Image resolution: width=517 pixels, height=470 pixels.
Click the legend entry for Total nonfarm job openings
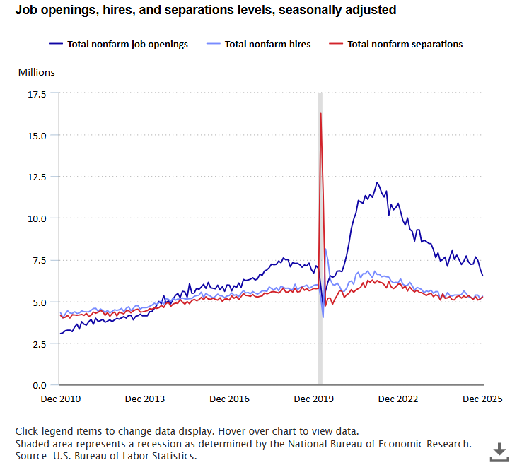click(127, 44)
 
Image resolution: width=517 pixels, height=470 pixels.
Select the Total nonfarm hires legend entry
click(267, 44)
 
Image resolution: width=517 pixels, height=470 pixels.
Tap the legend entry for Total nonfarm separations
click(405, 44)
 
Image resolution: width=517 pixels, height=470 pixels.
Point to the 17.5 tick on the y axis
click(37, 94)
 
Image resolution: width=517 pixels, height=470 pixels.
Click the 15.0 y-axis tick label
click(37, 135)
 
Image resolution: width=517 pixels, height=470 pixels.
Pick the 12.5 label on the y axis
click(37, 177)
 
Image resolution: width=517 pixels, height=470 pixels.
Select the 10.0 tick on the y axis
click(37, 218)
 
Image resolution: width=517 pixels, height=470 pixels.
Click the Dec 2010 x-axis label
click(60, 399)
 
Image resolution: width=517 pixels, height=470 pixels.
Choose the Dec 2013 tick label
click(145, 399)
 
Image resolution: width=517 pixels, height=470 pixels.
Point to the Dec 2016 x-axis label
click(229, 399)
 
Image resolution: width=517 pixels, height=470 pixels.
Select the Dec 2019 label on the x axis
click(314, 399)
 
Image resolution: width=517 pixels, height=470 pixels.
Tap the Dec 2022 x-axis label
click(398, 399)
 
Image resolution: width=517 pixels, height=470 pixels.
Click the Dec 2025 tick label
click(482, 399)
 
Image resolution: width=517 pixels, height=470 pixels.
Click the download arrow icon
click(499, 451)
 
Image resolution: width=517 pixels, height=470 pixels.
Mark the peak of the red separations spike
click(321, 113)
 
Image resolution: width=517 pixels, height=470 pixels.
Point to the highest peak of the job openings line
click(377, 182)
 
